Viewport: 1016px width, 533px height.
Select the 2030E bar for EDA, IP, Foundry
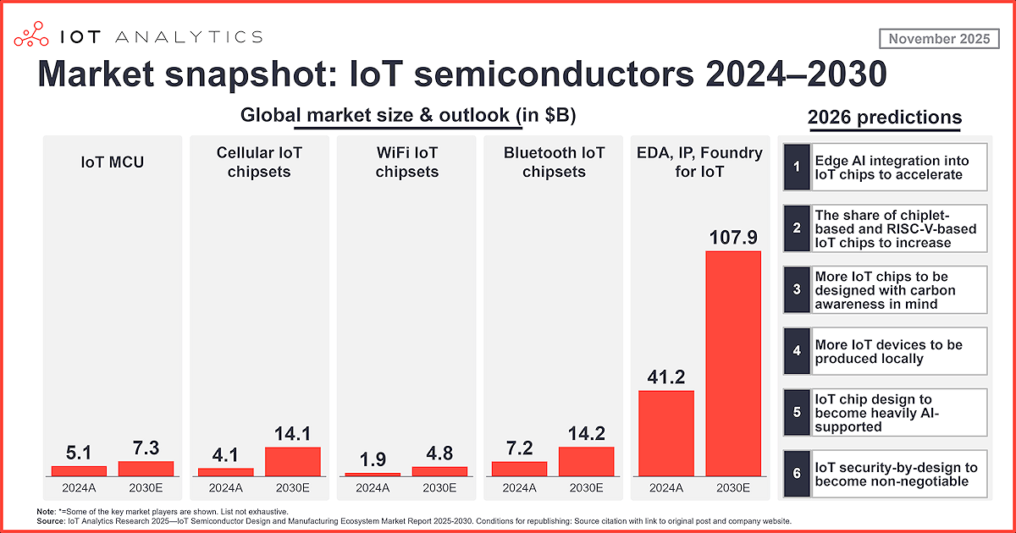(733, 363)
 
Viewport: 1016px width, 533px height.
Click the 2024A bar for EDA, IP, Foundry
(666, 432)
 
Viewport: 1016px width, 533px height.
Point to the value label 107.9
(733, 238)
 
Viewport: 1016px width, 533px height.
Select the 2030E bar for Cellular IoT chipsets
(292, 461)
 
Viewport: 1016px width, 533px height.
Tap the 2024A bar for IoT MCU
(79, 470)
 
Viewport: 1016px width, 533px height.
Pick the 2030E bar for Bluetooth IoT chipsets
(586, 461)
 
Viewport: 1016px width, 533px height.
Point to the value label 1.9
(373, 459)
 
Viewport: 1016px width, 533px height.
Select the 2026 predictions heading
(885, 118)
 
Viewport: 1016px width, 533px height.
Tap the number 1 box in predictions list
(797, 168)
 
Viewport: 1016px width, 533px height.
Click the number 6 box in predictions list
(797, 474)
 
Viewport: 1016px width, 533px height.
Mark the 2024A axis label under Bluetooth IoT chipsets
(519, 488)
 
